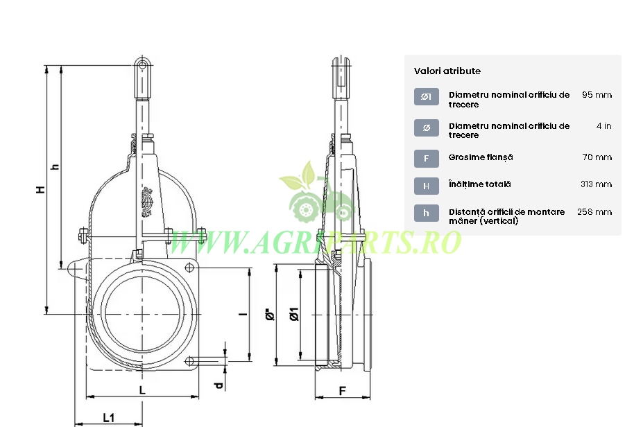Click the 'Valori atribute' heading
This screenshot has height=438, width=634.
click(x=447, y=71)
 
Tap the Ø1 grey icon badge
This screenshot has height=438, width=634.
click(x=426, y=96)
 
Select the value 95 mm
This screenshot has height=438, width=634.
click(x=597, y=95)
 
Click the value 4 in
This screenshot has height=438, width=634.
click(x=603, y=126)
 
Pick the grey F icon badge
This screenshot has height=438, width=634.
click(x=426, y=159)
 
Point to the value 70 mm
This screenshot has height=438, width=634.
click(x=597, y=157)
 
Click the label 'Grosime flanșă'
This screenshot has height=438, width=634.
click(x=481, y=157)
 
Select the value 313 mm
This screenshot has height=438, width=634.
click(x=597, y=184)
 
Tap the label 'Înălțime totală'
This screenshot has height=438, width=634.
click(x=480, y=184)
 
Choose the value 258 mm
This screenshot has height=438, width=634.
click(x=594, y=212)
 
